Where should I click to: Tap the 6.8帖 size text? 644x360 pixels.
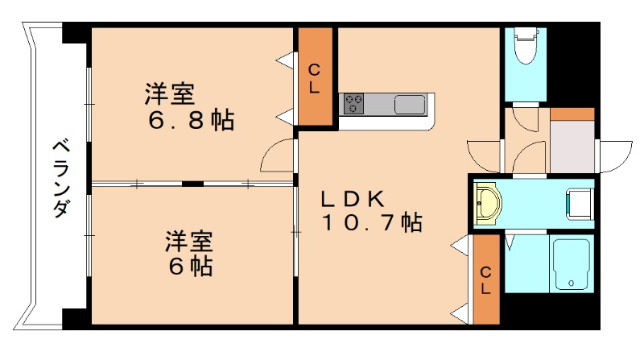point(191,121)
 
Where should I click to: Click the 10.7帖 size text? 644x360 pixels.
point(372,222)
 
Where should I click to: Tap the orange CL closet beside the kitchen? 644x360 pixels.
point(315,77)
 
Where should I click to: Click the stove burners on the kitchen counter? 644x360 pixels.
point(354,104)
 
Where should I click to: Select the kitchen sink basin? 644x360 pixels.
point(410,105)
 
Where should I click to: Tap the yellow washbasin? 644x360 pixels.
point(487,204)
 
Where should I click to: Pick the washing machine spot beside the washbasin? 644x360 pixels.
point(579,203)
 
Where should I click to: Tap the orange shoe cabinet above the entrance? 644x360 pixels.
point(572,114)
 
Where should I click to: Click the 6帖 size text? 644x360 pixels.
point(190,266)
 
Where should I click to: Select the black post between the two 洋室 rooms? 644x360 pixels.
point(192,184)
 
